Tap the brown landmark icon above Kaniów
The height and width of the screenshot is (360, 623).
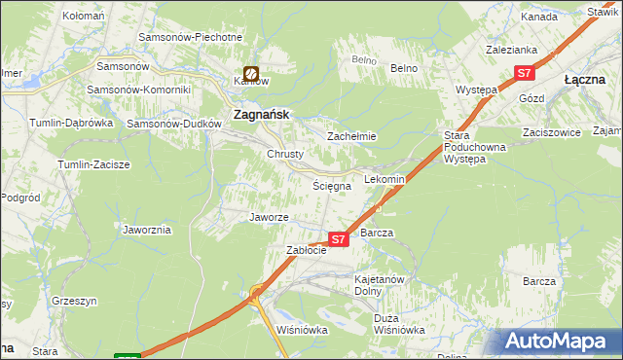point(251,73)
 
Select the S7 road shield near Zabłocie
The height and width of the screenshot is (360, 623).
point(338,238)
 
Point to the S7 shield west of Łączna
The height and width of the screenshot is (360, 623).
point(525,73)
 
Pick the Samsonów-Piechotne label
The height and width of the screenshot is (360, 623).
point(190,37)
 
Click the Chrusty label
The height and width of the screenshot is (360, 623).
point(285,154)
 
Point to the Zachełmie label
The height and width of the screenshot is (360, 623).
point(351,137)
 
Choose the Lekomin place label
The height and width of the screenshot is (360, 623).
point(384,180)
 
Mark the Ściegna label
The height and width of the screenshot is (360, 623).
point(329,185)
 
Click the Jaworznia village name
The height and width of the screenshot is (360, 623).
point(147,231)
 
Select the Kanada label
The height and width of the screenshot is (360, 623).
point(538,18)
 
